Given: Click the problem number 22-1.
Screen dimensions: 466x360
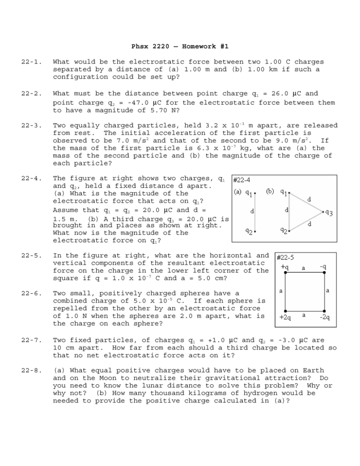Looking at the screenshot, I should click(x=31, y=62).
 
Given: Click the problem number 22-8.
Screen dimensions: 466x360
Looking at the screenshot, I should click(x=31, y=371).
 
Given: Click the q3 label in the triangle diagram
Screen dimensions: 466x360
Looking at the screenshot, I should click(x=329, y=213).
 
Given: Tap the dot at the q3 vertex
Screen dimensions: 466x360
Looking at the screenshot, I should click(x=323, y=211).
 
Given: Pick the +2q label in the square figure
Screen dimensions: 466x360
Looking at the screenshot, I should click(x=285, y=317).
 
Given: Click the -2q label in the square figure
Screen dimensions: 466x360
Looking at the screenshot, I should click(x=325, y=317).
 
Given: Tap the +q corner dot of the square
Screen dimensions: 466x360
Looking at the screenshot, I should click(x=285, y=273).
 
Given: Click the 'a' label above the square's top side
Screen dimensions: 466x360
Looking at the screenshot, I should click(x=303, y=268).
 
